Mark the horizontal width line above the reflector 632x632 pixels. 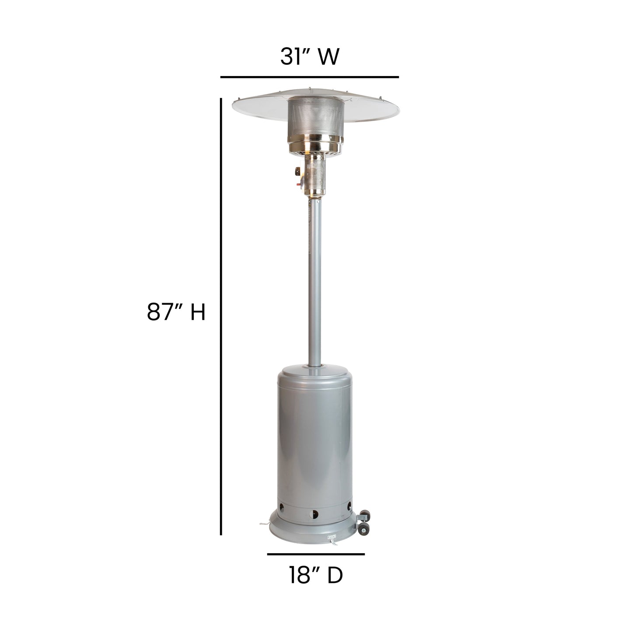309,77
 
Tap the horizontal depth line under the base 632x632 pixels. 315,554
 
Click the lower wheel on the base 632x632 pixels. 363,531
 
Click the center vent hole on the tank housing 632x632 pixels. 313,514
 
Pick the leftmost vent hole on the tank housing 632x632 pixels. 281,509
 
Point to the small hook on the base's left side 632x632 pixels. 264,523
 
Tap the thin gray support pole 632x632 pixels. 315,284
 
